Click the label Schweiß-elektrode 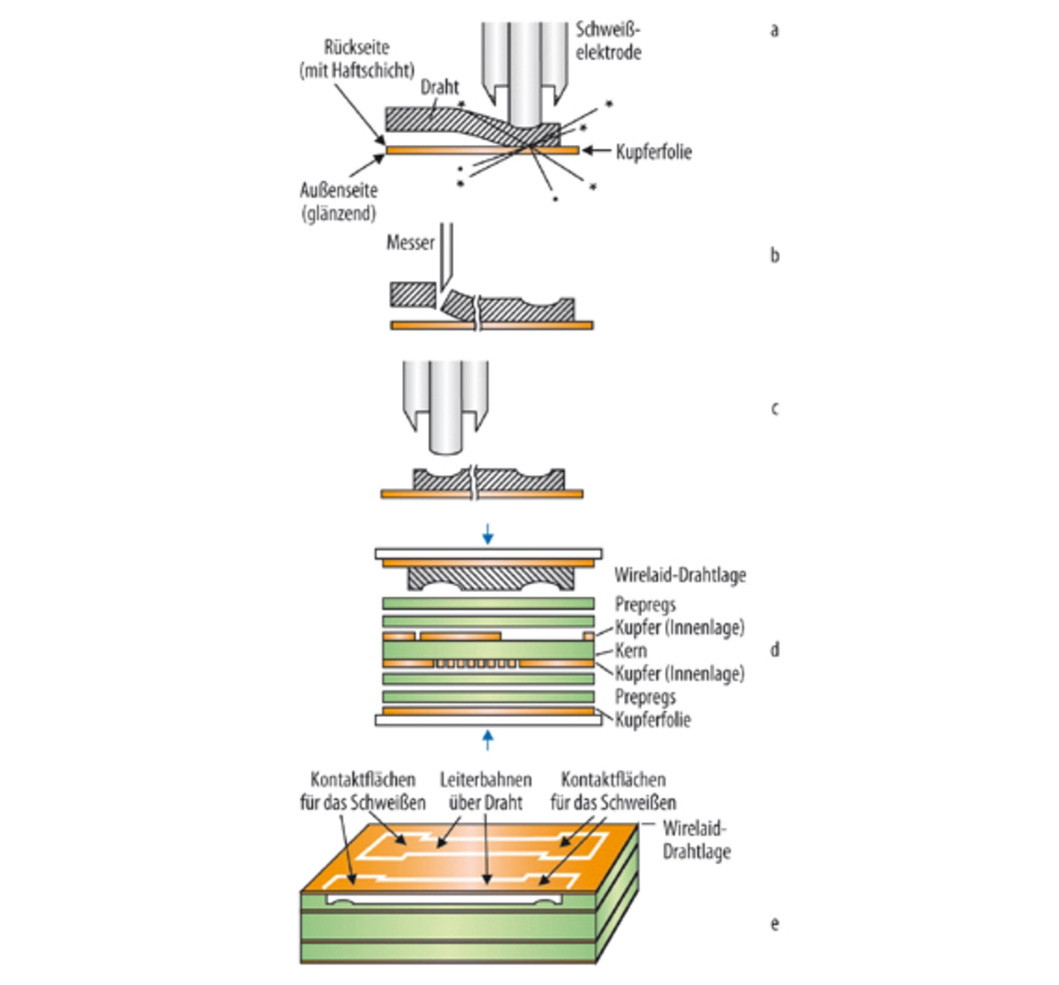coord(608,41)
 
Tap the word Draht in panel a coord(439,87)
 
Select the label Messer coord(410,243)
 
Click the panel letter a coord(774,31)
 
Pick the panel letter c coord(774,409)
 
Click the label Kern coord(630,651)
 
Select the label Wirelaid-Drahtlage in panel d coord(680,575)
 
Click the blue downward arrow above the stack coord(487,534)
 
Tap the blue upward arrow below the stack coord(487,741)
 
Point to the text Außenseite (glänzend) coord(338,202)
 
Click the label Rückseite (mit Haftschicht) coord(357,59)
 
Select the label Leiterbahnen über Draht coord(486,790)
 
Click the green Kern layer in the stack coord(488,650)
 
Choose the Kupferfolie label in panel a coord(654,152)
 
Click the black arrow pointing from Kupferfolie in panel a coord(597,151)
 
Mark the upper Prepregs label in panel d coord(645,604)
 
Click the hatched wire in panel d coord(491,579)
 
